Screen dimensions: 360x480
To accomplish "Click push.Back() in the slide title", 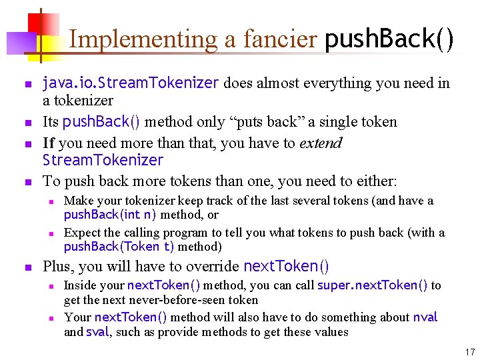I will (x=389, y=39).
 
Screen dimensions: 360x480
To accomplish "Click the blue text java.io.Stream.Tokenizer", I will (x=131, y=83).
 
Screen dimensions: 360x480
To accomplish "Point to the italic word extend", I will (x=321, y=143).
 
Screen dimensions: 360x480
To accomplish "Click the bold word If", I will (x=48, y=143).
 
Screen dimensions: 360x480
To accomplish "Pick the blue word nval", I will (x=425, y=317).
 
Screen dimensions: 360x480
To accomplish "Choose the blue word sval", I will (x=97, y=332).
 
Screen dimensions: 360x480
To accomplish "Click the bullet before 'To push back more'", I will (x=27, y=182).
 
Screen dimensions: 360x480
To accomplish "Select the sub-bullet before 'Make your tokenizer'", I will (x=50, y=201).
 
